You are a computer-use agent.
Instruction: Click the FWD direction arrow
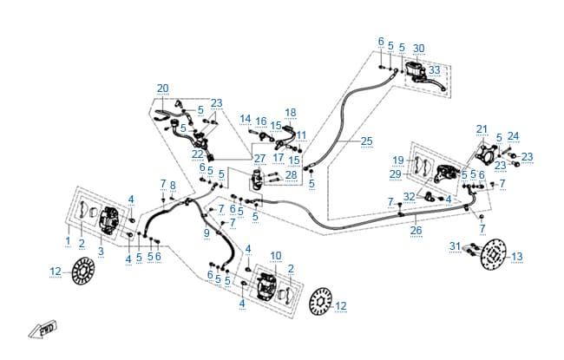click(43, 330)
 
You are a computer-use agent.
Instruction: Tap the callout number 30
click(419, 49)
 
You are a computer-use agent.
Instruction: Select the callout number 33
click(435, 69)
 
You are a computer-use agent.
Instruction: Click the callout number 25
click(366, 141)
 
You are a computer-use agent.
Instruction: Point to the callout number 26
click(416, 230)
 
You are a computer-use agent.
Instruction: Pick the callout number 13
click(517, 257)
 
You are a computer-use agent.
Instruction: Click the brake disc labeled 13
click(494, 254)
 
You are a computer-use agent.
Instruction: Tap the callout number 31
click(455, 246)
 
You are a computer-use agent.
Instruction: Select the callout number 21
click(482, 129)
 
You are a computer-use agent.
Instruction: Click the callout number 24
click(514, 136)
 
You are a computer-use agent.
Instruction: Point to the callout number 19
click(398, 160)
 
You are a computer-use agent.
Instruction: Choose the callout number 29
click(396, 174)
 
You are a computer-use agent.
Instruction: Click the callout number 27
click(259, 159)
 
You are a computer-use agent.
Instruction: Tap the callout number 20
click(162, 88)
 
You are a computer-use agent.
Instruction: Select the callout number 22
click(198, 154)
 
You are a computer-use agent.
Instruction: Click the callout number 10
click(276, 256)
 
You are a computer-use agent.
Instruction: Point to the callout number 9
click(207, 233)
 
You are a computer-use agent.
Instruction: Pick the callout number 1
click(68, 241)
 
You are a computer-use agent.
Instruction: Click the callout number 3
click(101, 251)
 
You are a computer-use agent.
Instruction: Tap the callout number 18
click(291, 113)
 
